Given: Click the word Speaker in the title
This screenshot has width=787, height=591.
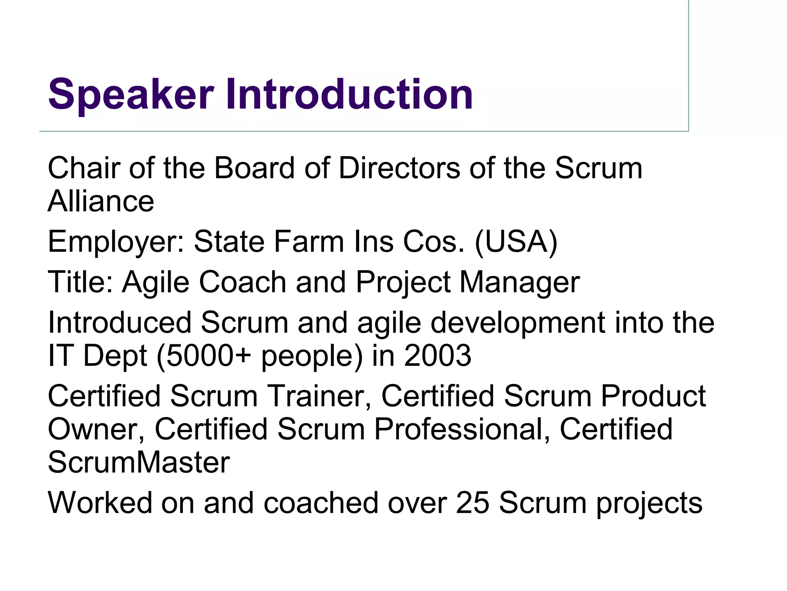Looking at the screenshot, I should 131,95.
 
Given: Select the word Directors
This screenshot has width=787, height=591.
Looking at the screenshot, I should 399,168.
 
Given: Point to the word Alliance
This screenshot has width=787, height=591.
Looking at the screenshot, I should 101,201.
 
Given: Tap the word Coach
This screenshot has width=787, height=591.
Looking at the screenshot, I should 242,282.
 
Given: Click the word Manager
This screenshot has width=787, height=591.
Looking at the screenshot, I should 520,282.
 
